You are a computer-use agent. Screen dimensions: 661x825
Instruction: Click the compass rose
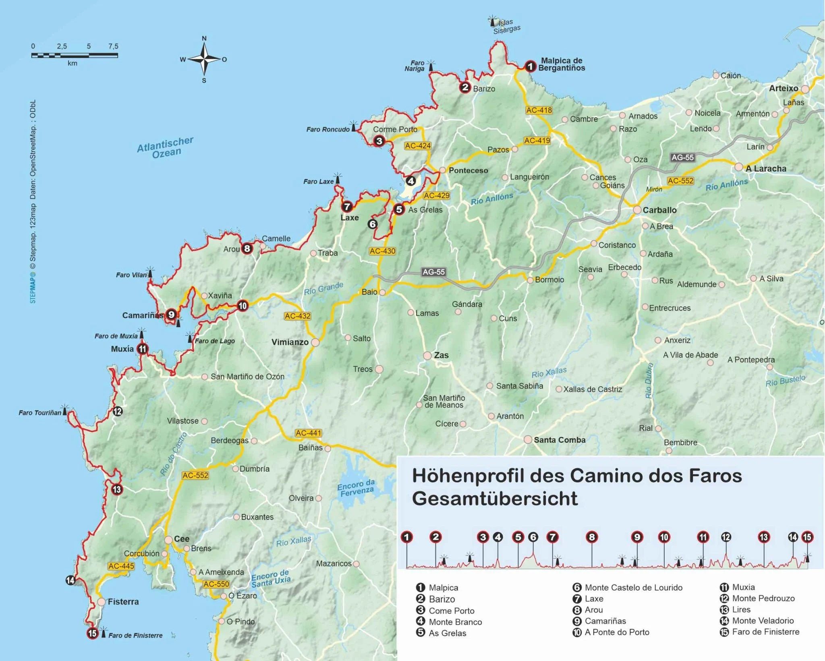(x=204, y=59)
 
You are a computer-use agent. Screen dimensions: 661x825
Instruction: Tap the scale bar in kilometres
(x=75, y=55)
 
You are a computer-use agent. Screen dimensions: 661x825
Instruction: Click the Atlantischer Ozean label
(x=165, y=147)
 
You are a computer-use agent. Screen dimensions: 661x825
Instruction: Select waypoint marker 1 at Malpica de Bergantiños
(x=530, y=66)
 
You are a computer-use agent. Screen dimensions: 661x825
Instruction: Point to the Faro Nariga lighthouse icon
(x=431, y=66)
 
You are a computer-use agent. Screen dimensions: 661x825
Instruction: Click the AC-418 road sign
(x=539, y=110)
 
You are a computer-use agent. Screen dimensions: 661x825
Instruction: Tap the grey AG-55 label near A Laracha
(x=682, y=157)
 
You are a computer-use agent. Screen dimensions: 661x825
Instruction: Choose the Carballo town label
(x=659, y=210)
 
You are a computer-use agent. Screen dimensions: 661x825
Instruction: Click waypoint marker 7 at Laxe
(x=347, y=207)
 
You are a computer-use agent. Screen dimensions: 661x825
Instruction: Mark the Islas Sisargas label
(x=506, y=26)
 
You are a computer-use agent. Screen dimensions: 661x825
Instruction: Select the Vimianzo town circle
(x=315, y=342)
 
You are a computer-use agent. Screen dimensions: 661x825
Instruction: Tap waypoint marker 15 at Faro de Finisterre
(x=93, y=633)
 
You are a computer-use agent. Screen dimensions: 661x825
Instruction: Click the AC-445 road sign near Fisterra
(x=121, y=566)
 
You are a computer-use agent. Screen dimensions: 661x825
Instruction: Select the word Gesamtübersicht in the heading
(x=495, y=499)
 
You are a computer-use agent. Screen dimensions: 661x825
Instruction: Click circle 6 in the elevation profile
(x=533, y=537)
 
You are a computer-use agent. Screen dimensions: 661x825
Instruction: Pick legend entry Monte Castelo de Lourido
(x=633, y=587)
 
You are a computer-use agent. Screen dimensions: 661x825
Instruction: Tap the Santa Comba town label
(x=559, y=440)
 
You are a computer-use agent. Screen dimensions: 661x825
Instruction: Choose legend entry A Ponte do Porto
(x=617, y=632)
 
